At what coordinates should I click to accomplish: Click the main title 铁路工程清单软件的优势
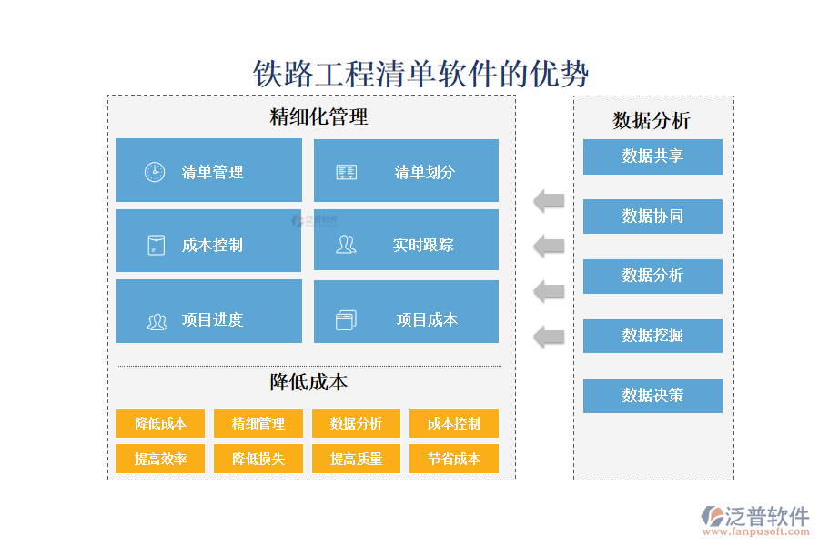tap(420, 74)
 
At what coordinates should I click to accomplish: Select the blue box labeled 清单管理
tap(209, 170)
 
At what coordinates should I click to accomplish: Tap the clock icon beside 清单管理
tap(155, 172)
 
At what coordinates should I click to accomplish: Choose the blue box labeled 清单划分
tap(406, 170)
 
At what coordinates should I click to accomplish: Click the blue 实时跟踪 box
tap(406, 240)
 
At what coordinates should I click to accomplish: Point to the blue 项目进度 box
tap(209, 311)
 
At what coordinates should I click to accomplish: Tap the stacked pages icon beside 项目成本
tap(346, 319)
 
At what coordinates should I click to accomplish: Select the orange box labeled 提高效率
tap(160, 459)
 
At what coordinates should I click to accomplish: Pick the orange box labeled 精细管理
tap(258, 423)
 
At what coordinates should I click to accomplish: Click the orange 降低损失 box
tap(258, 459)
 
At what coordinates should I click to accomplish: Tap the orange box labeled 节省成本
tap(454, 459)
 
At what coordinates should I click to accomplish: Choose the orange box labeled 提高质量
tap(356, 459)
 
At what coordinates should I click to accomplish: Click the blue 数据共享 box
tap(652, 157)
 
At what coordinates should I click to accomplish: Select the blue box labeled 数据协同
tap(652, 217)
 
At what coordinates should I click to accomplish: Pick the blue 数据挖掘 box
tap(652, 336)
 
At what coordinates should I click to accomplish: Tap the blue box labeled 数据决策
tap(652, 396)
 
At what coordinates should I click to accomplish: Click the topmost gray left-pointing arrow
tap(549, 200)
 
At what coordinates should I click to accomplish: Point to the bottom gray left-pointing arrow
tap(549, 337)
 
